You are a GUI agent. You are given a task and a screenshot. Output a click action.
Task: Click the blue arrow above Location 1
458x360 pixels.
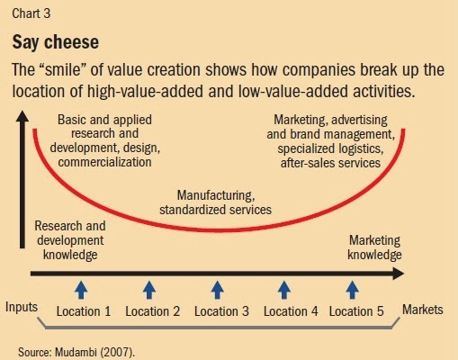(81, 290)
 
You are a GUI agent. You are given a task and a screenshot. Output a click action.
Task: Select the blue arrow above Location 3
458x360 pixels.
(218, 290)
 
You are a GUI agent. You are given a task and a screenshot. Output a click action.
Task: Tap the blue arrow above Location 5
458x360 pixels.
(353, 290)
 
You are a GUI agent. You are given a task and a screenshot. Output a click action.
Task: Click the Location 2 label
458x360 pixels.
(153, 311)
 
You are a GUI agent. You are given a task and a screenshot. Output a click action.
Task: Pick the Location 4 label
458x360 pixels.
(291, 311)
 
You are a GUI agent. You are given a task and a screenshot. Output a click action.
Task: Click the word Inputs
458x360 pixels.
(22, 308)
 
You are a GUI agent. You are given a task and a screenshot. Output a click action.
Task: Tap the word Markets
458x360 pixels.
(423, 310)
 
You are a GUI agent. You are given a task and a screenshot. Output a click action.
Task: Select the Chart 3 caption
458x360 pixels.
(31, 13)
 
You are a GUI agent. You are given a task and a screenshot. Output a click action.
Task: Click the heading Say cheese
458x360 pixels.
(56, 42)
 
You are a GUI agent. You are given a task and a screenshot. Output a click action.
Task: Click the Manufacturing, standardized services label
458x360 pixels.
(216, 202)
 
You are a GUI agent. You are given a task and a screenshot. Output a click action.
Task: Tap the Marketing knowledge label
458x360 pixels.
(374, 247)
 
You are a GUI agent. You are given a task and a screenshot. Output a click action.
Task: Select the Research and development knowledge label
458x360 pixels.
(70, 240)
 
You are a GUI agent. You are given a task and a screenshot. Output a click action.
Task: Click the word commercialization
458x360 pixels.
(104, 162)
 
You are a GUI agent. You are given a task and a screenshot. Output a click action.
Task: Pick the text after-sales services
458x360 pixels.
(330, 163)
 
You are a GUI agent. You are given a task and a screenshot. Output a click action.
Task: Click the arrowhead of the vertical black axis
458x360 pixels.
(22, 116)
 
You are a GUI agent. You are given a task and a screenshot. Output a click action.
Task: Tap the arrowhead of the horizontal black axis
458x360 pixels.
(399, 274)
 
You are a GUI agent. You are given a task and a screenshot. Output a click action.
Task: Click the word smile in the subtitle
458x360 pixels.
(63, 70)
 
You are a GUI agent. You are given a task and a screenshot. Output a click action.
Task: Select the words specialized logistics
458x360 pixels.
(330, 148)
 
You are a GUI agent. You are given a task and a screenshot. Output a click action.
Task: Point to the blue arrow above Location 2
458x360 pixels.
(149, 290)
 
